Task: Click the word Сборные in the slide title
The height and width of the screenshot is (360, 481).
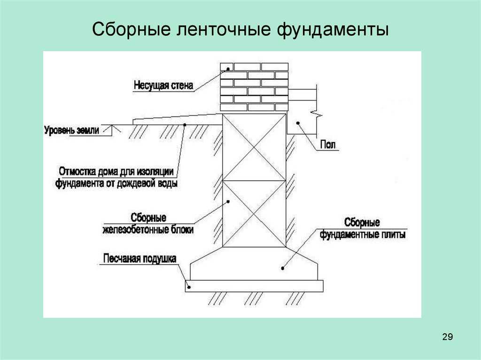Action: point(132,30)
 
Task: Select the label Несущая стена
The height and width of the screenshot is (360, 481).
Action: point(163,85)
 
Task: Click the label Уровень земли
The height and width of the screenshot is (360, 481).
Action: point(72,130)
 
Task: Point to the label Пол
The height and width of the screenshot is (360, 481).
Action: point(328,144)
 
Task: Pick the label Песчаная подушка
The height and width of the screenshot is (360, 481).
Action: point(140,259)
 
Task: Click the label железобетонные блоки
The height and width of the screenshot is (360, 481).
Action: point(148,230)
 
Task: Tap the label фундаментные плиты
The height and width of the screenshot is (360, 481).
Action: point(363,235)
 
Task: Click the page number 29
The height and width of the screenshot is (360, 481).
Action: point(448,337)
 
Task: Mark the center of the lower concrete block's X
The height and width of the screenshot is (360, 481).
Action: point(254,214)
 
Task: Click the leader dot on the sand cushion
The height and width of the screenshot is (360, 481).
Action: point(189,287)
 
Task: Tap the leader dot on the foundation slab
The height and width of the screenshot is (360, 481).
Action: point(282,268)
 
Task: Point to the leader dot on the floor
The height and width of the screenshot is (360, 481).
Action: point(297,123)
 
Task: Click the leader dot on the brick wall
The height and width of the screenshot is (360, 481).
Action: point(228,69)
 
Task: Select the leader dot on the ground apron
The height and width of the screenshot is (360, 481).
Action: point(185,124)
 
